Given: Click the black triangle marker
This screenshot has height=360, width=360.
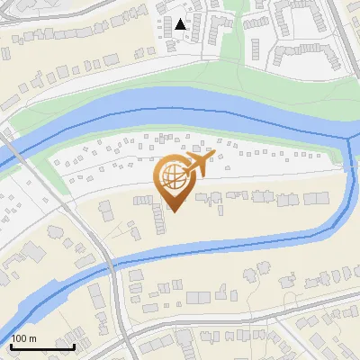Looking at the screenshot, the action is pyautogui.click(x=181, y=24).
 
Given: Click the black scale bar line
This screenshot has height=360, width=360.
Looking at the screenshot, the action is pyautogui.click(x=42, y=346).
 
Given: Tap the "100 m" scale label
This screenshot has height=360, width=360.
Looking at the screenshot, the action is pyautogui.click(x=25, y=338).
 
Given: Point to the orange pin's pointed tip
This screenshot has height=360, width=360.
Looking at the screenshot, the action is pyautogui.click(x=174, y=211).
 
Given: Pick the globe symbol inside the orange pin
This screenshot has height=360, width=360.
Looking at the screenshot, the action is pyautogui.click(x=173, y=178).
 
